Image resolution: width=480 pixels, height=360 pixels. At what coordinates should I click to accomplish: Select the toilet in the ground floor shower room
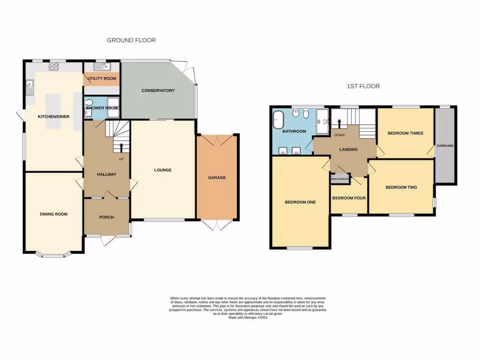coord(90,103)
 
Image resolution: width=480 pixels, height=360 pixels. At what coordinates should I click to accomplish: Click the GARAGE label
coord(217,178)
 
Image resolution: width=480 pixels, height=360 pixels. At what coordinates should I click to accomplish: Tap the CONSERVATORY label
coord(158,90)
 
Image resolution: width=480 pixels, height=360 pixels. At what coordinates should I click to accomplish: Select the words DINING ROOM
coord(53,214)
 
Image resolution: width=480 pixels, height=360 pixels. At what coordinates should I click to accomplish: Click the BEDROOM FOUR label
coord(349,198)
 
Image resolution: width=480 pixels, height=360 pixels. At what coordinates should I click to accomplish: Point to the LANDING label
coord(348,150)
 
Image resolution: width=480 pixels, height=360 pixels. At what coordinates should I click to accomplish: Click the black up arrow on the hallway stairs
coord(122,147)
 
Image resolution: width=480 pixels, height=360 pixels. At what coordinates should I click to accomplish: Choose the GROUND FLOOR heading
coord(131,40)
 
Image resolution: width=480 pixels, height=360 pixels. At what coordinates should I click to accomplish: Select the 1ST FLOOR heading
coord(363,86)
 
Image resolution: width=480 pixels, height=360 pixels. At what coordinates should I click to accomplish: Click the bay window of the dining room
coord(53,255)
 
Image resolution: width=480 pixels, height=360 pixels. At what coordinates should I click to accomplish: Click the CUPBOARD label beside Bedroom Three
coord(445,146)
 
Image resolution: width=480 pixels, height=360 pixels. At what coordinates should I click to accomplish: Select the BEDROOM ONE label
coord(300,202)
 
